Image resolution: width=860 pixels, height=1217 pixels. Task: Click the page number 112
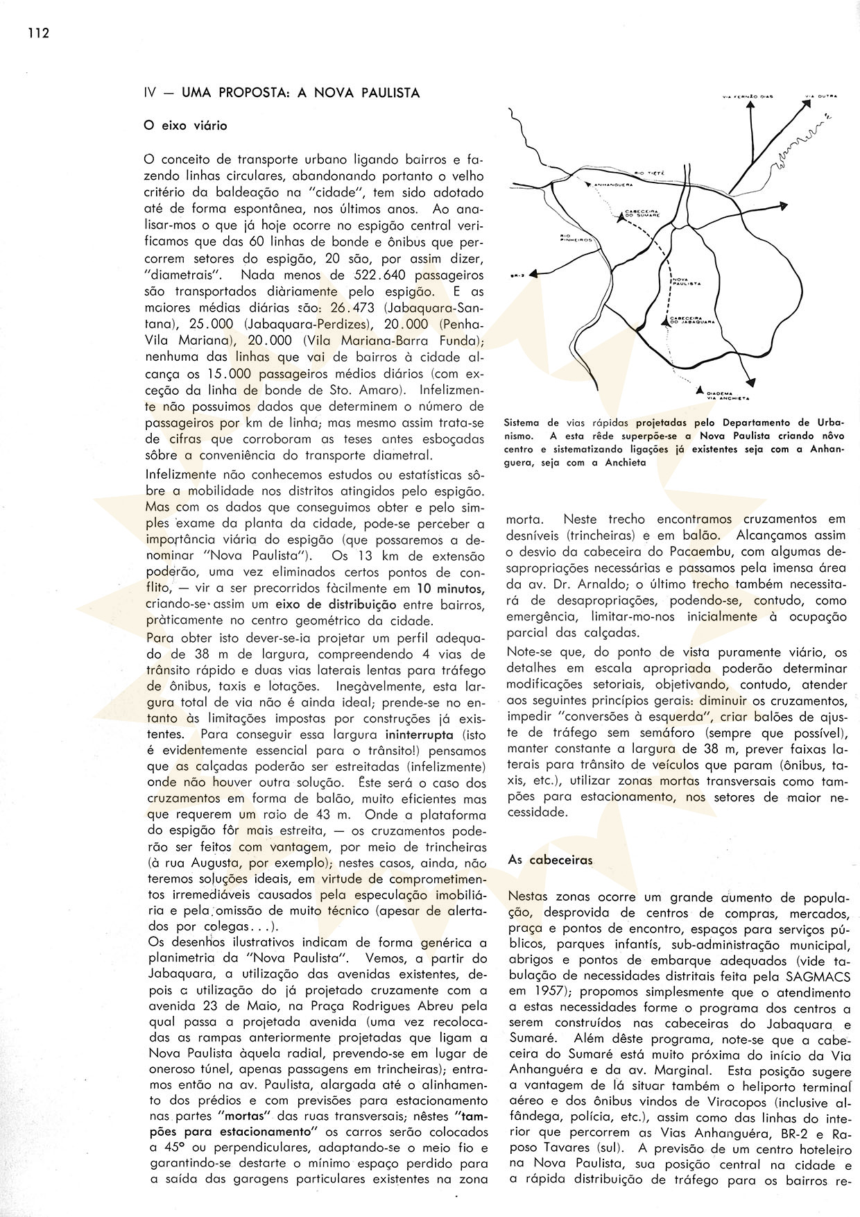tap(39, 33)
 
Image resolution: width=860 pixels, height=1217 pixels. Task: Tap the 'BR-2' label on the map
tap(515, 275)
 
